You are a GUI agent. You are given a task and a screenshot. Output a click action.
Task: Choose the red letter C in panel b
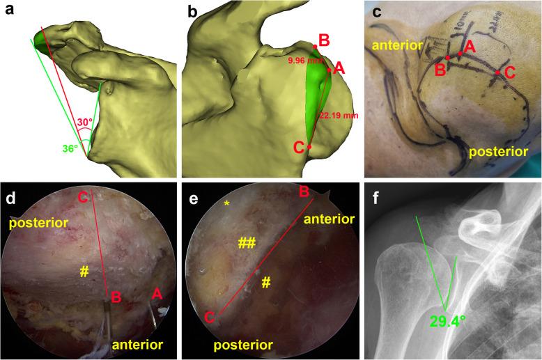299,147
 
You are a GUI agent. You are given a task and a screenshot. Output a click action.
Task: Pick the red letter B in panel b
323,40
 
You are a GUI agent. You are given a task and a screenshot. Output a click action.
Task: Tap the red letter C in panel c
510,71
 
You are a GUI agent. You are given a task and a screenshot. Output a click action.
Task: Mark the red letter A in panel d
157,295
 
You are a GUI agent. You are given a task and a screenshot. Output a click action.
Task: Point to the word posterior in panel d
33,223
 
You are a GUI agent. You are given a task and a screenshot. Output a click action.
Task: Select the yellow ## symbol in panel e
245,242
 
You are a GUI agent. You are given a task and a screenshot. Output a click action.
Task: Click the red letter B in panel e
304,191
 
